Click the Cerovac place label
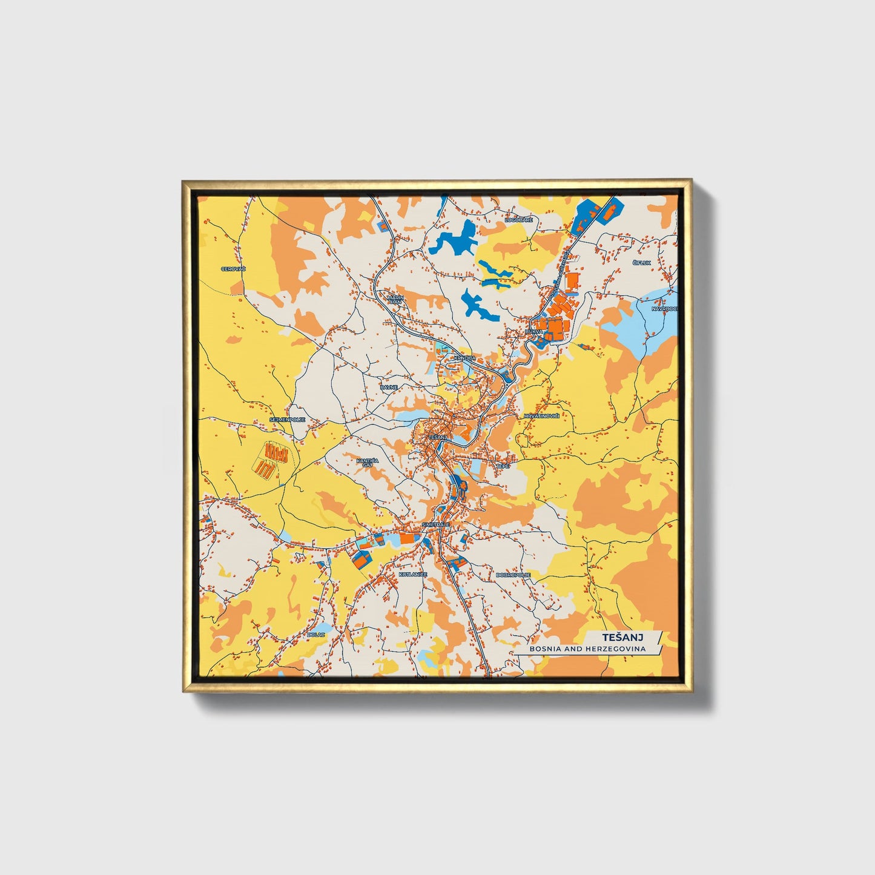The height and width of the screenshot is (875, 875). pyautogui.click(x=233, y=269)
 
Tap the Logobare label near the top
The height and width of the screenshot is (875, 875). pyautogui.click(x=520, y=220)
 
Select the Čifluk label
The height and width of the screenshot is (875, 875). pyautogui.click(x=642, y=263)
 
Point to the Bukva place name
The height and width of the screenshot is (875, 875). pyautogui.click(x=534, y=332)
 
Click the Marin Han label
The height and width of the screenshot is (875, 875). pyautogui.click(x=395, y=300)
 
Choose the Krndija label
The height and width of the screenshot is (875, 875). pyautogui.click(x=463, y=358)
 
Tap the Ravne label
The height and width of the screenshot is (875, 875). pyautogui.click(x=389, y=386)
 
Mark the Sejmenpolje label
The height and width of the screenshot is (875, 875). pyautogui.click(x=287, y=419)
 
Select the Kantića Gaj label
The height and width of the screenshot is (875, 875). pyautogui.click(x=367, y=463)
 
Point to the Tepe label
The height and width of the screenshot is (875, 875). pyautogui.click(x=503, y=466)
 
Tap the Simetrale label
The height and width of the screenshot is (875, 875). pyautogui.click(x=436, y=524)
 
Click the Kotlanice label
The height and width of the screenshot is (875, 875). pyautogui.click(x=413, y=574)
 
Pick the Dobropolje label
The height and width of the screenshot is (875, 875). pyautogui.click(x=513, y=575)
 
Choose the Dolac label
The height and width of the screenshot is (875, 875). pyautogui.click(x=316, y=634)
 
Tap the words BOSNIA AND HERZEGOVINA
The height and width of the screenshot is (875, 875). pyautogui.click(x=587, y=649)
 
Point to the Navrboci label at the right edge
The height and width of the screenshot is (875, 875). pyautogui.click(x=664, y=309)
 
